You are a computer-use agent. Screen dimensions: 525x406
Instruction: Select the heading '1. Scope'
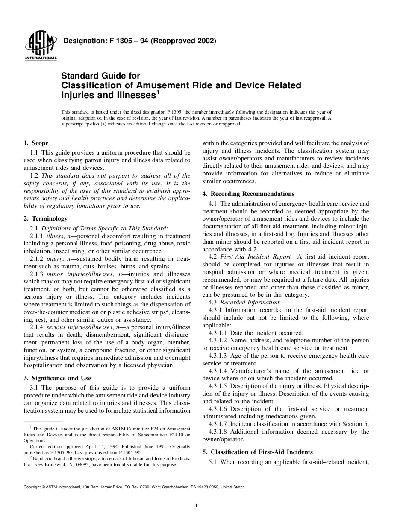(x=36, y=143)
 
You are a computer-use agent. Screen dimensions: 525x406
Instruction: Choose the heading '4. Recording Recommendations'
(x=248, y=194)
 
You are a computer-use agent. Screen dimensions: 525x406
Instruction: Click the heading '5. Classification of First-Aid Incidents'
(x=258, y=452)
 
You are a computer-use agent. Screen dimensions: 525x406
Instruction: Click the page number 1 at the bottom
(x=196, y=506)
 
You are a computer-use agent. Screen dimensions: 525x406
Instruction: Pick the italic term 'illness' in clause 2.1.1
(x=54, y=236)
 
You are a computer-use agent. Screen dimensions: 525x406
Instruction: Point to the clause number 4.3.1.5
(x=218, y=386)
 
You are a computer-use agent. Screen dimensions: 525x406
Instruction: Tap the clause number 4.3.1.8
(x=218, y=432)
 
